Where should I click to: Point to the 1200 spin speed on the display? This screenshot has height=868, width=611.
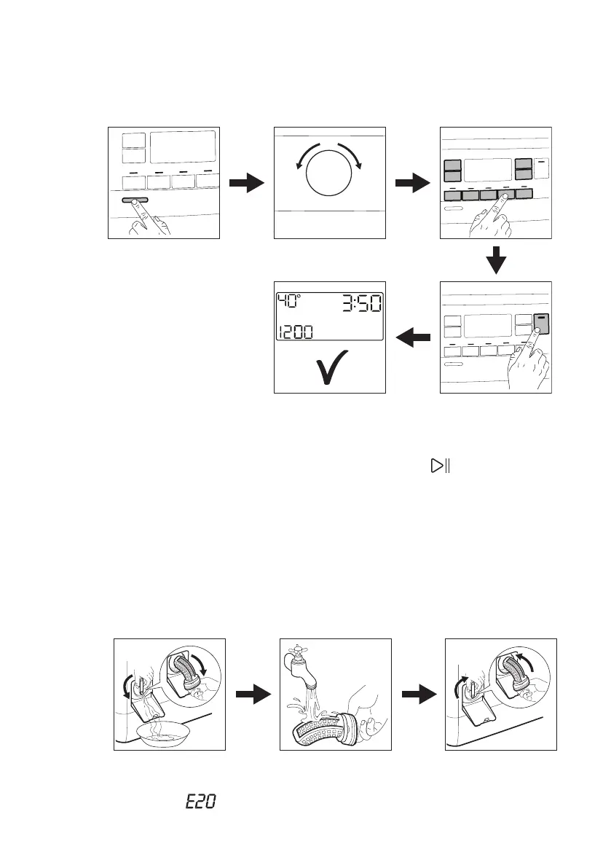[x=295, y=332]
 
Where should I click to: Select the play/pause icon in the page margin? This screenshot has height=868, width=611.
[x=439, y=466]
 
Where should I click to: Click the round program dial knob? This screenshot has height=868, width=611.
[x=329, y=181]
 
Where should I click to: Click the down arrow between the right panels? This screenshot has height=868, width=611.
[x=496, y=259]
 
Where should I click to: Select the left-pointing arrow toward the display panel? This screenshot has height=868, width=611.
[x=412, y=337]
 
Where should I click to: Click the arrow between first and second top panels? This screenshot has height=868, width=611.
[x=245, y=184]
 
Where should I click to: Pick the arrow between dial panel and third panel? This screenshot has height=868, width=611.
[x=413, y=184]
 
